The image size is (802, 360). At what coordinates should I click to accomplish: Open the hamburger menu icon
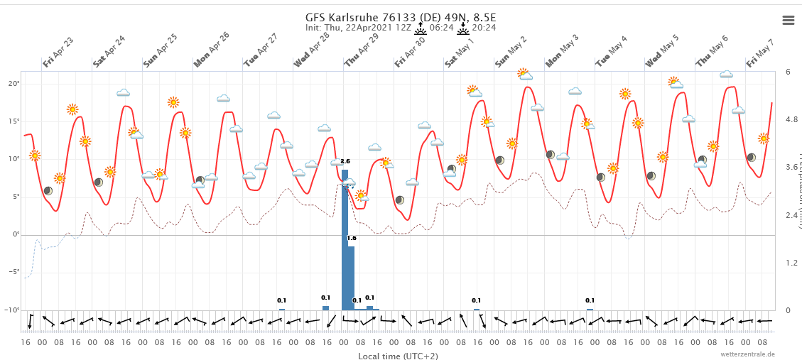(788, 20)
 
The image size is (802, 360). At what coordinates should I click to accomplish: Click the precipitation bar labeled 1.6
(351, 278)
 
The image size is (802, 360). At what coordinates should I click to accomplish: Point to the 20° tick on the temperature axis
(12, 84)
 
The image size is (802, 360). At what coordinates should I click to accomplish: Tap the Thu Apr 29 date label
(362, 50)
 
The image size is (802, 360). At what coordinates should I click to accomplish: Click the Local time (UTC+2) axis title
(398, 356)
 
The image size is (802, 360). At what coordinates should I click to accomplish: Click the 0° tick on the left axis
(14, 234)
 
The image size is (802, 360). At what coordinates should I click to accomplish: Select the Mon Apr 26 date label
(212, 50)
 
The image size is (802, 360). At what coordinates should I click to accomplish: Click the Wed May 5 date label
(662, 51)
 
